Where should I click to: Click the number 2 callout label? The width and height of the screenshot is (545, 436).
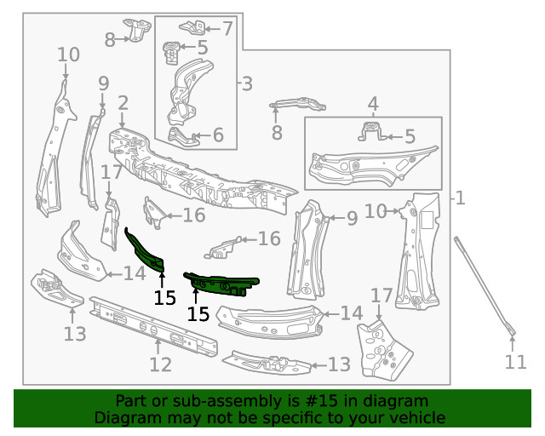123,104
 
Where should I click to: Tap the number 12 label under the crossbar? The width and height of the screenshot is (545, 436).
160,364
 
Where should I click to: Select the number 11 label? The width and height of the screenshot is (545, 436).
515,362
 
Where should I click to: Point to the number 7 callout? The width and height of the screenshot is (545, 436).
227,29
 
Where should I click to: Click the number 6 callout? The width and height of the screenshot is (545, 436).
217,135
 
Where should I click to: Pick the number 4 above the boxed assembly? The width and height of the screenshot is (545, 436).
373,105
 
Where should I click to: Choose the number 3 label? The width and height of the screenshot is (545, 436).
246,83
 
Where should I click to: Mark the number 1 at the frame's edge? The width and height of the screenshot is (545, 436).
460,198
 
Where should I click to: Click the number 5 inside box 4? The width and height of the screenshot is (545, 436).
410,136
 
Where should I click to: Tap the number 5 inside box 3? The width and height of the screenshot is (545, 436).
202,48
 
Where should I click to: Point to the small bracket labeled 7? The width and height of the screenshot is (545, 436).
192,26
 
